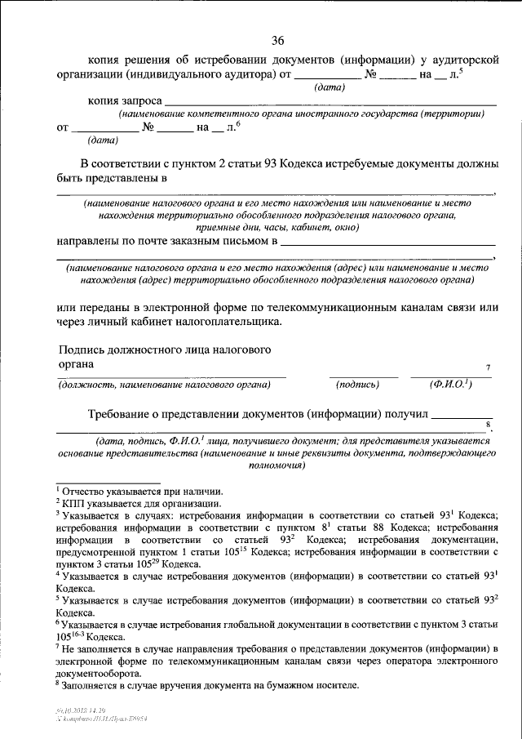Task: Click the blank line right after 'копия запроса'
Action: [x=330, y=102]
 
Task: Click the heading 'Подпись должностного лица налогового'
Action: [x=164, y=349]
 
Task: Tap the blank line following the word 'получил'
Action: [x=461, y=415]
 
